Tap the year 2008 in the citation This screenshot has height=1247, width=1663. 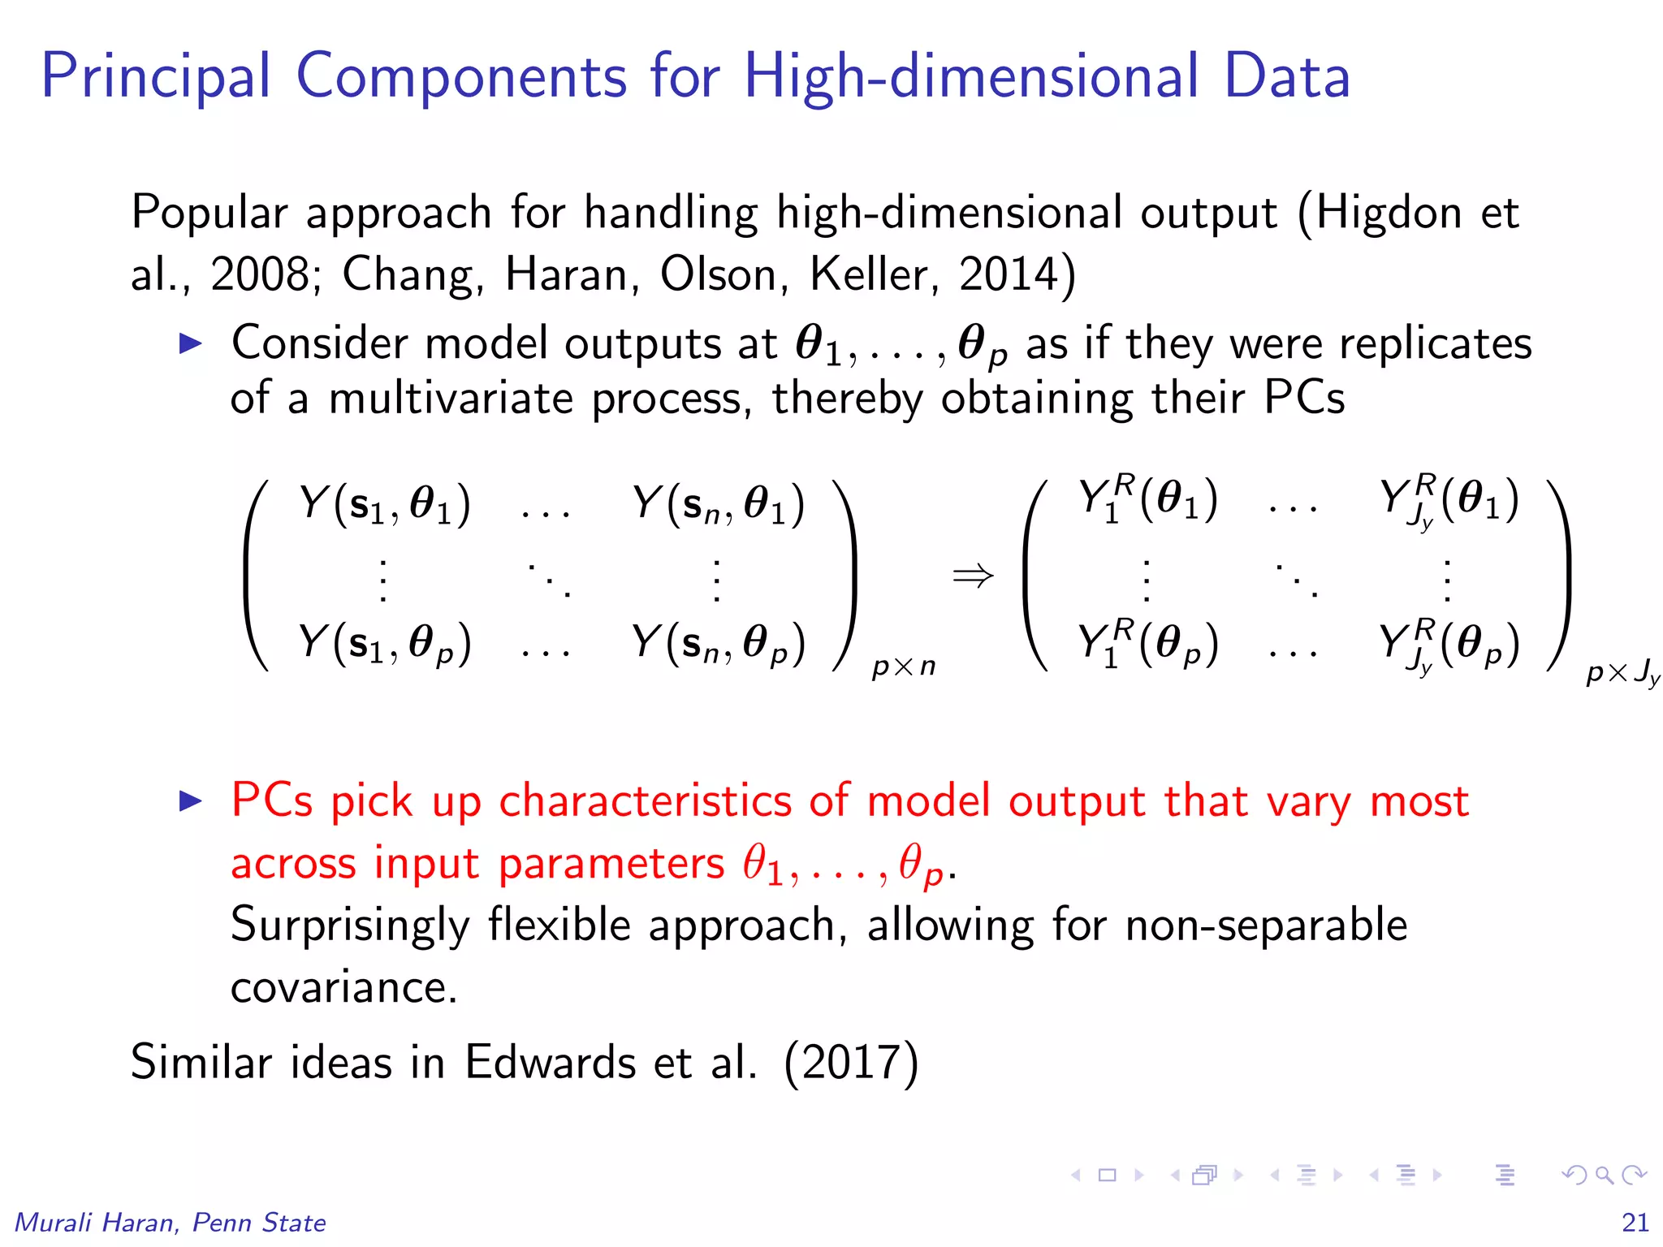click(259, 274)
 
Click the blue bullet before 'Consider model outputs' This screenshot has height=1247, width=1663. click(190, 343)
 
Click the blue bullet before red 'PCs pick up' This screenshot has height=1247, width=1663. click(190, 801)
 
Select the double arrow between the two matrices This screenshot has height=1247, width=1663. click(973, 576)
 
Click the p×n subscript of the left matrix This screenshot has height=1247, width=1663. click(903, 667)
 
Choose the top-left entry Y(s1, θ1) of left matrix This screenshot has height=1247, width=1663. click(384, 505)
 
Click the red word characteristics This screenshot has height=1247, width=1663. click(645, 802)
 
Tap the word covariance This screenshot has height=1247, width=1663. click(344, 988)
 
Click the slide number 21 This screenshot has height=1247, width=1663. click(1635, 1222)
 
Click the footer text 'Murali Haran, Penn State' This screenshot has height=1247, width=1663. click(171, 1223)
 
